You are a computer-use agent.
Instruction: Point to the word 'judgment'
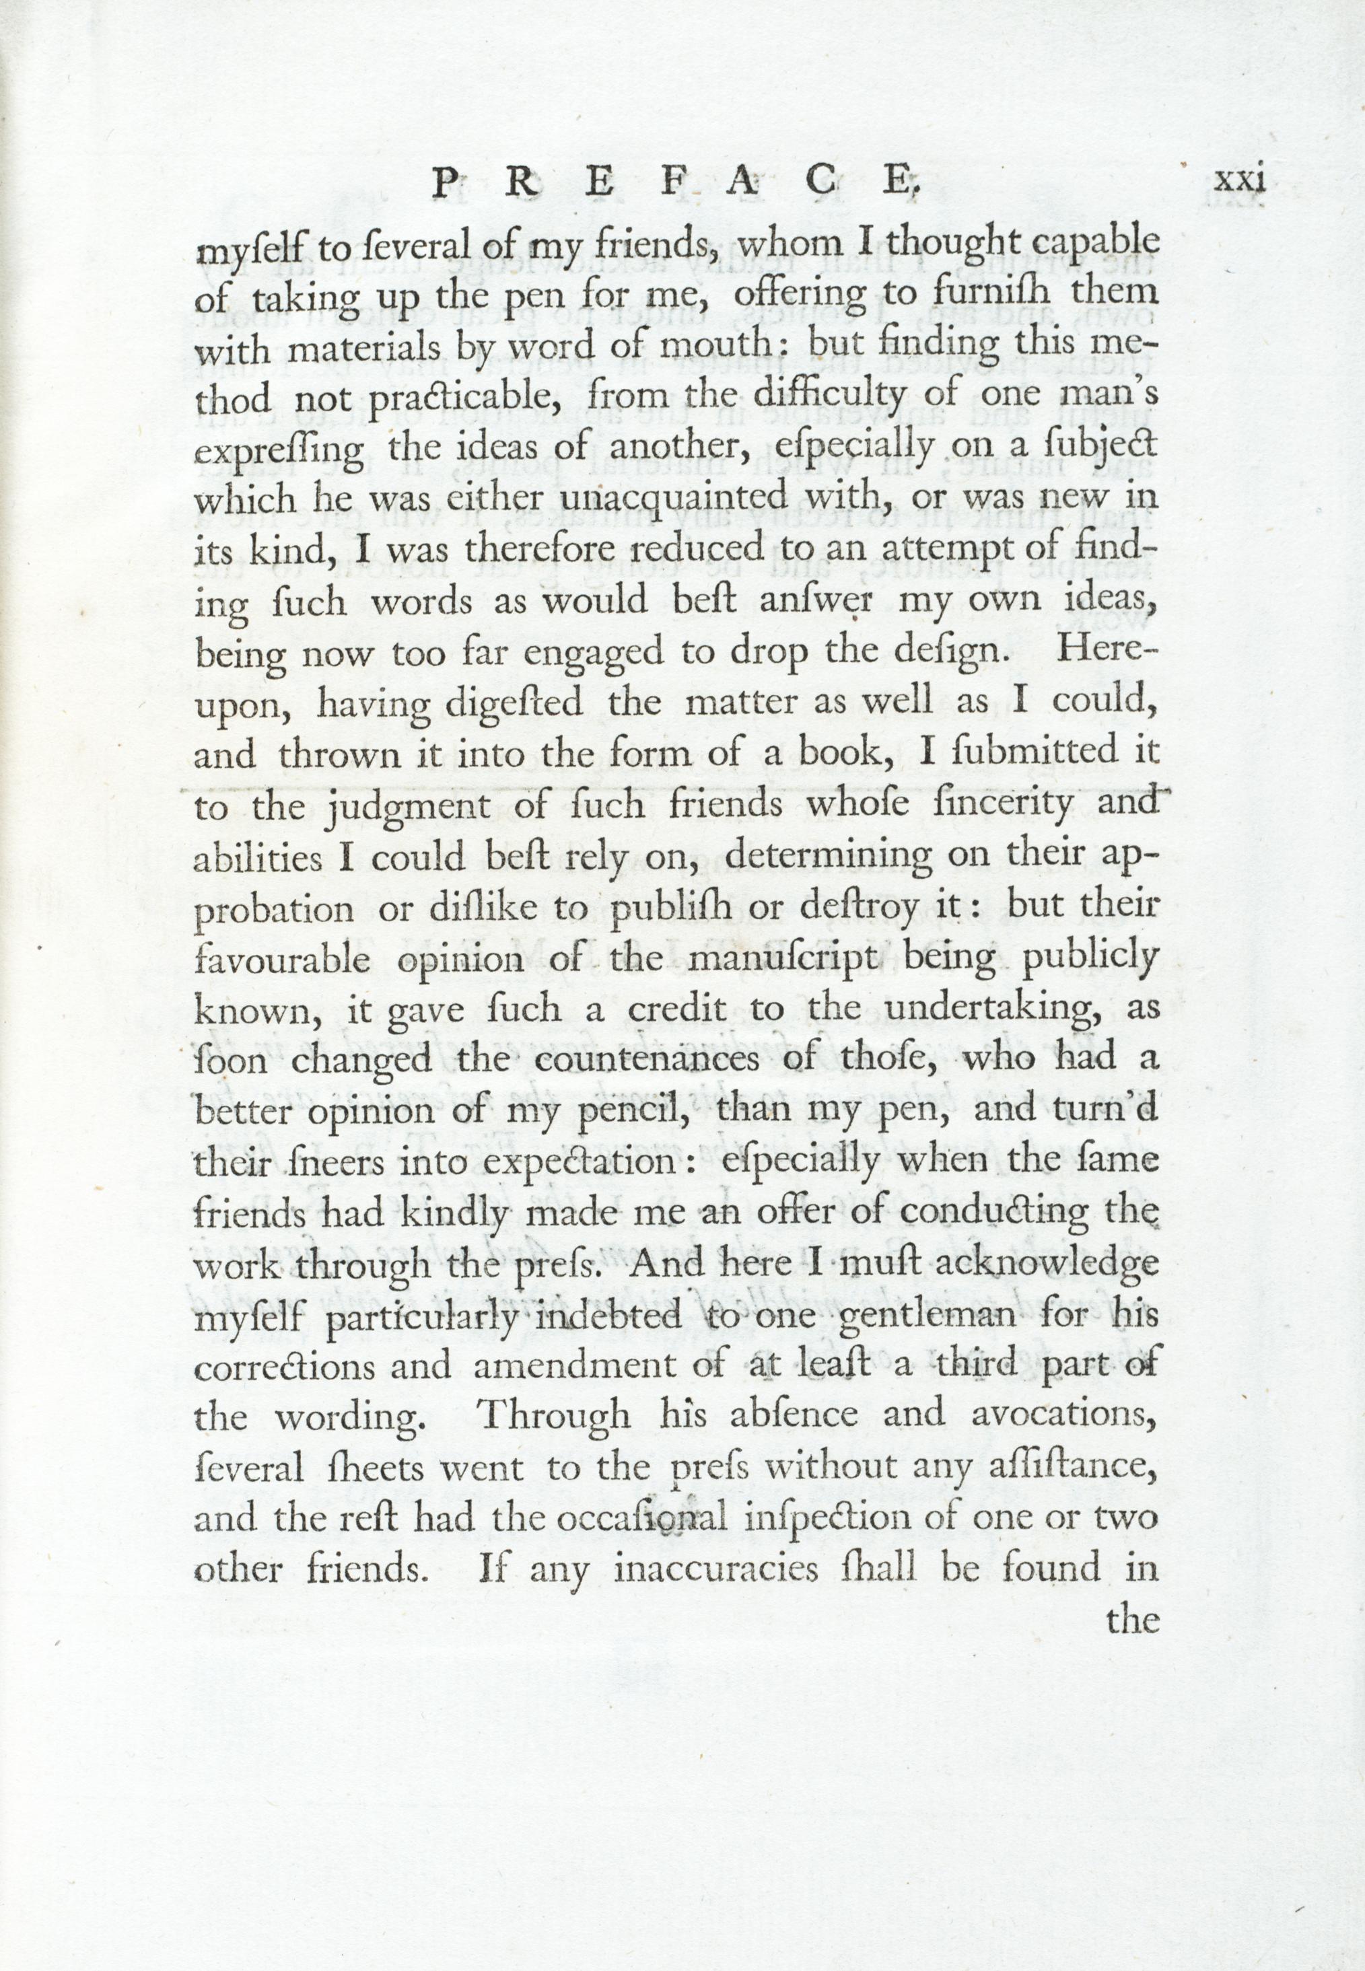click(411, 808)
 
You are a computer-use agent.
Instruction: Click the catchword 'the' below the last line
click(1132, 1618)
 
